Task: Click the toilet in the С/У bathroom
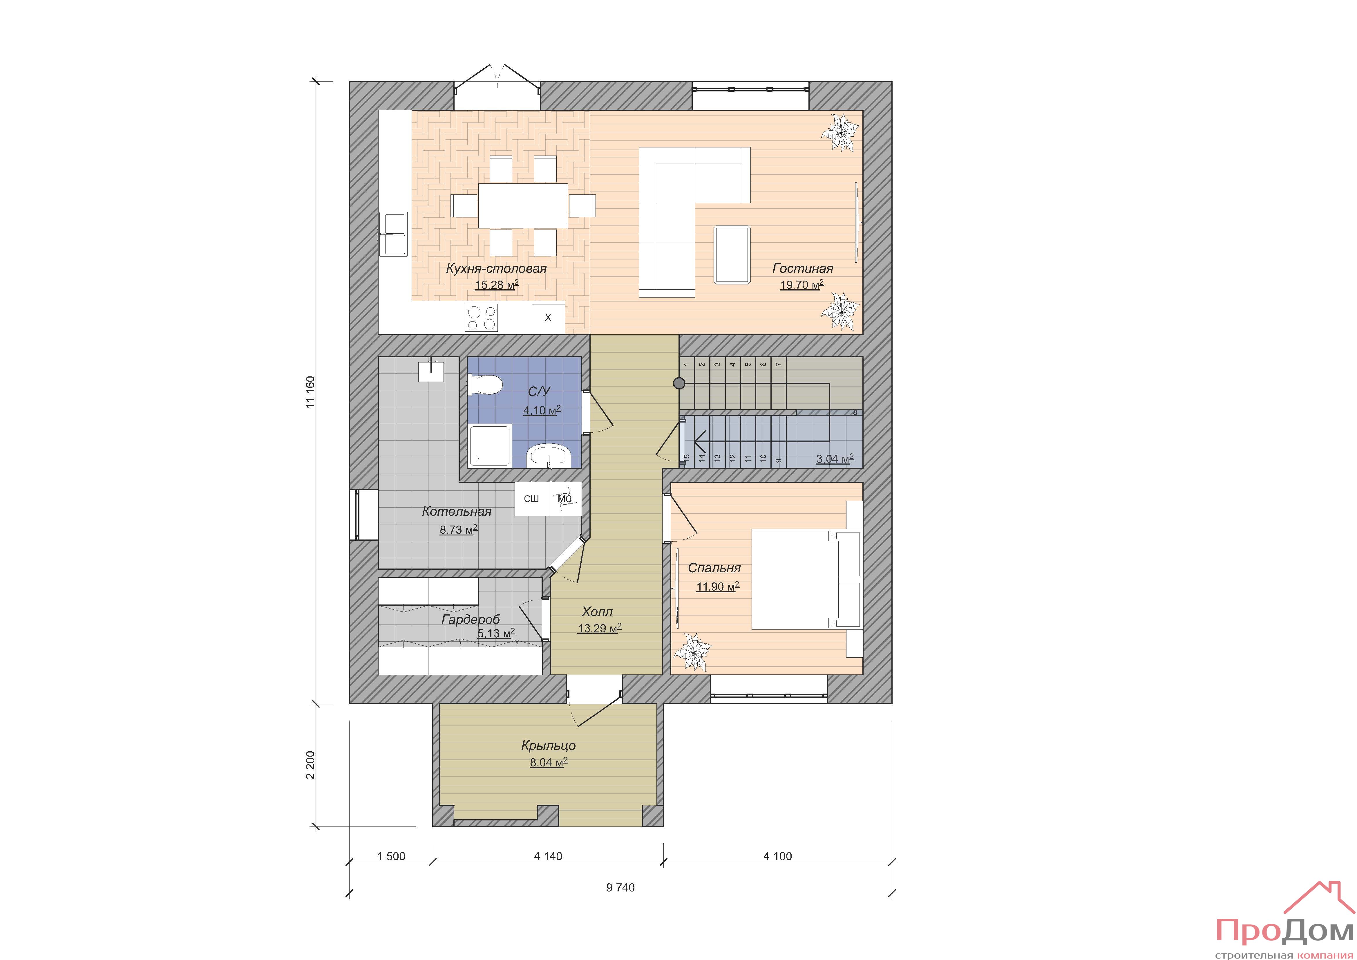[485, 385]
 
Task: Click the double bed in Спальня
[795, 579]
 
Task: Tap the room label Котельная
[457, 511]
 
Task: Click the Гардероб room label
[471, 620]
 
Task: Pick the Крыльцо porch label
[548, 746]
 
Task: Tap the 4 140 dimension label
[548, 856]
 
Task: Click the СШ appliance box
[531, 499]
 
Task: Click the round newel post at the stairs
[679, 384]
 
